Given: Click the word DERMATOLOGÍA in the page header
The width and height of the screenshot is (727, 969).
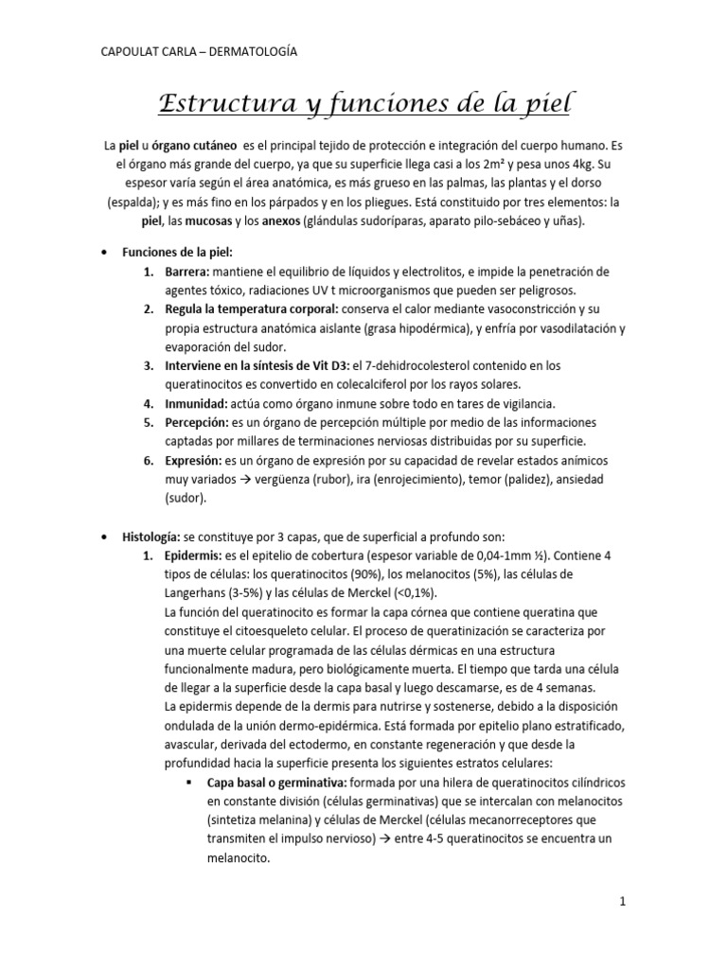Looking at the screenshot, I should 250,53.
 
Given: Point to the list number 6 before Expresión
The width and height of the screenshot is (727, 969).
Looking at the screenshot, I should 148,460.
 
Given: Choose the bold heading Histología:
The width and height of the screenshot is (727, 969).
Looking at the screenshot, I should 155,537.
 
